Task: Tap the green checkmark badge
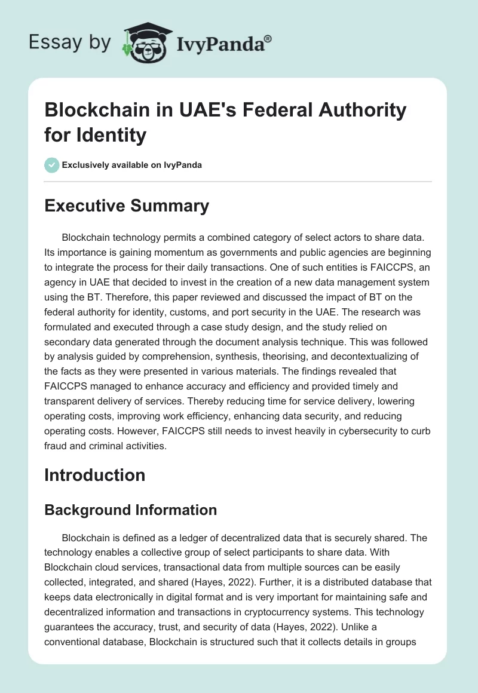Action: [x=52, y=165]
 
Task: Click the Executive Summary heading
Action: [x=127, y=206]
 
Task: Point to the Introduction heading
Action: [x=95, y=475]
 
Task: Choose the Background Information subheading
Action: [x=130, y=510]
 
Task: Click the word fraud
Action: [x=58, y=443]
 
